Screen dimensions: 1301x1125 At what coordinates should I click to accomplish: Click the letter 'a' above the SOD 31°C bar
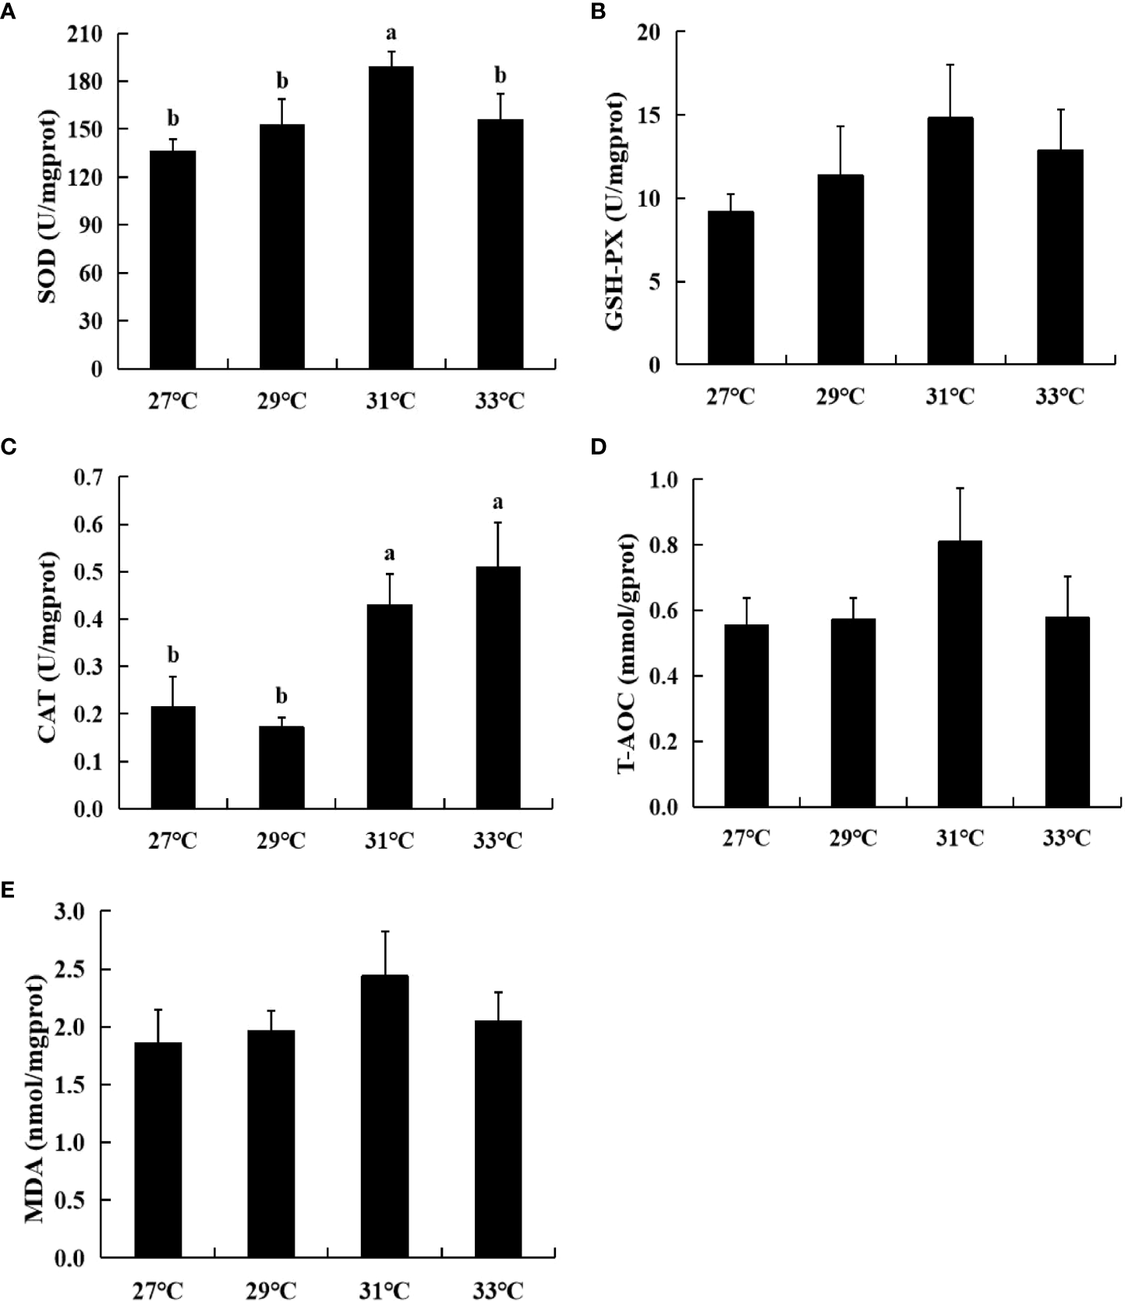coord(391,34)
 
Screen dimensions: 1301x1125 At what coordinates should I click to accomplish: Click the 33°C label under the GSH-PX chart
coord(1060,397)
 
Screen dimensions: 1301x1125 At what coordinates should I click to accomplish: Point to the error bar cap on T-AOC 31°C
coord(960,488)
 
